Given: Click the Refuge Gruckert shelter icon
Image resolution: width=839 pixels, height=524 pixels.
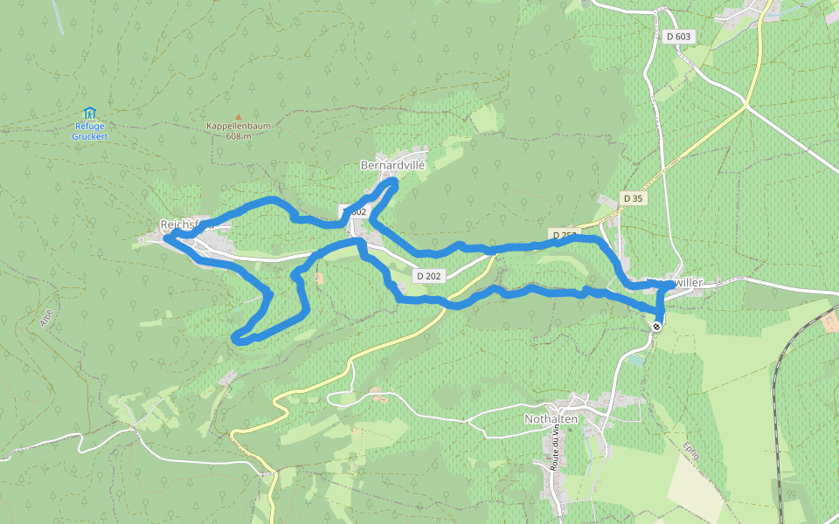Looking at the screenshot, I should pos(88,113).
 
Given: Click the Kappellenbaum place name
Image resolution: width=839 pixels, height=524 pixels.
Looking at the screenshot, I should pos(238,126).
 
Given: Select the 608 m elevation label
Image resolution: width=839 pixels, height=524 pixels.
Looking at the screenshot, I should pos(238,136).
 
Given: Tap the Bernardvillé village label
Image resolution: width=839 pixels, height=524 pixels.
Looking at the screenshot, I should pos(392,164).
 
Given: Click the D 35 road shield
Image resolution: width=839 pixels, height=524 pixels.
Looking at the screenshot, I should pos(634,198).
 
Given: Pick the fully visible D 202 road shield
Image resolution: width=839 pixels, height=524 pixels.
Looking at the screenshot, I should pos(430,276).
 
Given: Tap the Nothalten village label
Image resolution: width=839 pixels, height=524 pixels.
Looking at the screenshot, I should pos(551,419).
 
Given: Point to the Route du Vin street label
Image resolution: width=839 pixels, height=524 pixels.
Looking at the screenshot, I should pos(554,450).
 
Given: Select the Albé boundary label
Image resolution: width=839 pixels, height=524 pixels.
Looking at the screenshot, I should pos(46,316).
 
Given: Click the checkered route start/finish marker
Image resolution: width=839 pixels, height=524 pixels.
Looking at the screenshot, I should pos(656,326).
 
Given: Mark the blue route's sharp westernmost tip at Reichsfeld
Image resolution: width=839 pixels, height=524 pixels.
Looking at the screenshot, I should pos(164,236).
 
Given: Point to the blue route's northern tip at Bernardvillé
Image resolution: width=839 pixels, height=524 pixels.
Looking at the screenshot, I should pos(394,181).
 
